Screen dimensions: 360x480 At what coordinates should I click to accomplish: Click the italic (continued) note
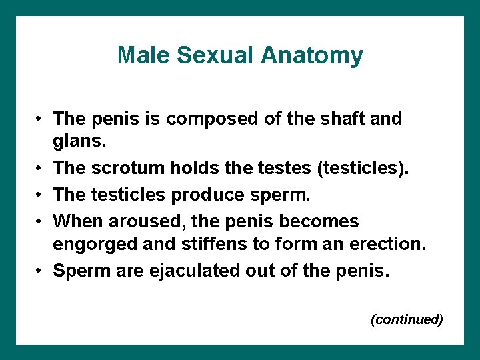(x=407, y=319)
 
